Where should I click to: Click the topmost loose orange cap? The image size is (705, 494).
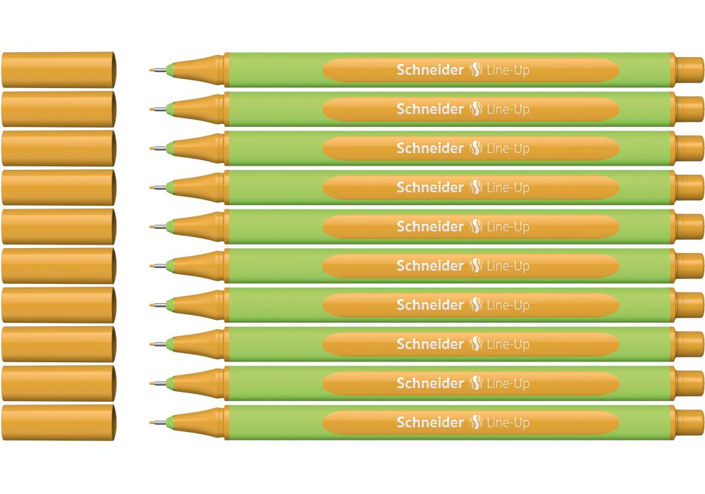(59, 70)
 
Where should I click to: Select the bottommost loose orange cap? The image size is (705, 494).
(59, 423)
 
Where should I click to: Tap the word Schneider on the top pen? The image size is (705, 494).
(430, 70)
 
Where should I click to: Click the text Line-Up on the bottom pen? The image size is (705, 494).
(508, 423)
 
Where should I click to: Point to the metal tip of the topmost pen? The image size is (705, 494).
(158, 70)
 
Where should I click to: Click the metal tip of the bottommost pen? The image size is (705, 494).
(158, 423)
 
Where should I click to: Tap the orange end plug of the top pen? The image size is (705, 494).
(689, 70)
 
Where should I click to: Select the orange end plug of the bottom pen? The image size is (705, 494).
(689, 423)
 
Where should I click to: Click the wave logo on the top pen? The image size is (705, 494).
(476, 70)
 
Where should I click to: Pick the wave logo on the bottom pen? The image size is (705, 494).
(476, 423)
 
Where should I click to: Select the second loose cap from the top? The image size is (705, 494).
(59, 109)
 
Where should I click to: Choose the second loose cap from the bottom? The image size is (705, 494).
(59, 383)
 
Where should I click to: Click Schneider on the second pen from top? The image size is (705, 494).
(430, 109)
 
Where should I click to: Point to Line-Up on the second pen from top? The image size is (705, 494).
(508, 109)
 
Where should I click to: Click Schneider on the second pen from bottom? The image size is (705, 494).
(430, 383)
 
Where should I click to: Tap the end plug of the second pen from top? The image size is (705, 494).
(689, 109)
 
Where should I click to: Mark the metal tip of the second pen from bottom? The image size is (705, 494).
(158, 383)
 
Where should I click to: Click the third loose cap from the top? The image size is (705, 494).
(59, 148)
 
